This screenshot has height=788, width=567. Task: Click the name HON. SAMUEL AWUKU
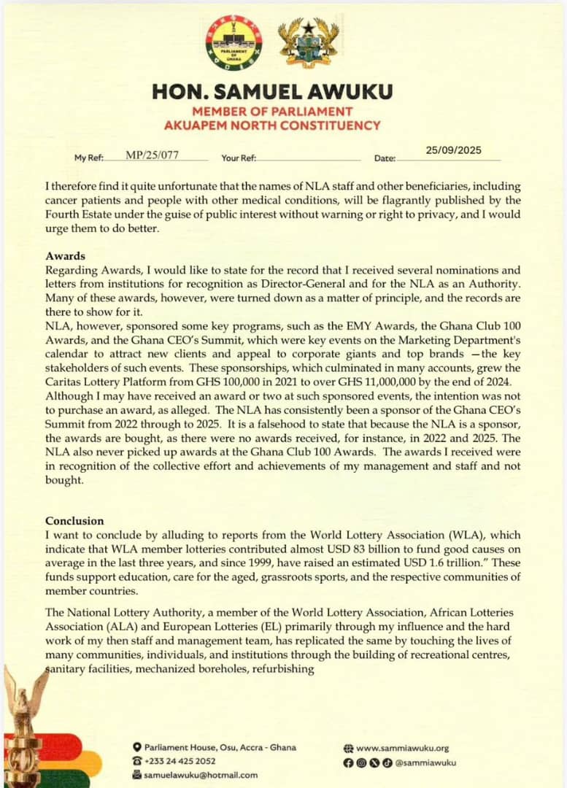tap(272, 92)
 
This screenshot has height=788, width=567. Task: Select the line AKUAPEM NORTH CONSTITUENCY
tap(272, 125)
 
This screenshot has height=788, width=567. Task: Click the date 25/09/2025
tap(453, 150)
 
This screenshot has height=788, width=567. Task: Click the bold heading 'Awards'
tap(66, 257)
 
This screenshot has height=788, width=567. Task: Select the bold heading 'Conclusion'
tap(74, 521)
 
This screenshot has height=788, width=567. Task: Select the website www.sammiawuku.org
tap(402, 748)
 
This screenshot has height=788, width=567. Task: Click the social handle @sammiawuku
tap(425, 762)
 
